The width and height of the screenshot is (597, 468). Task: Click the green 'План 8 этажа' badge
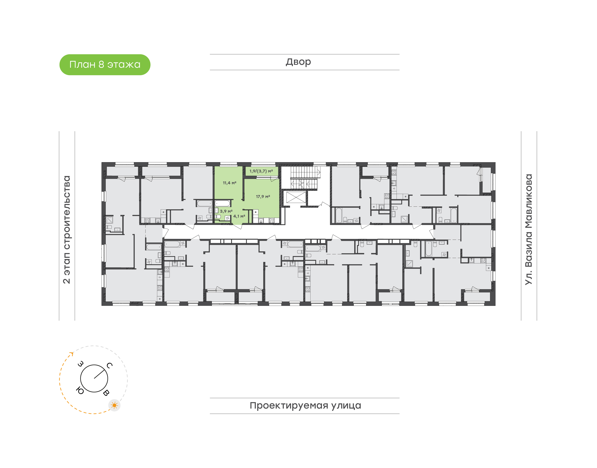105,65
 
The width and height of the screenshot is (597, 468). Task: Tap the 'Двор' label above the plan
298,62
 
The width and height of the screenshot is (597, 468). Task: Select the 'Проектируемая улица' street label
305,405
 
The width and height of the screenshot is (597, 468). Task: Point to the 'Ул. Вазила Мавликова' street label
528,229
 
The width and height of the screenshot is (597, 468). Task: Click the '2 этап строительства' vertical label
67,229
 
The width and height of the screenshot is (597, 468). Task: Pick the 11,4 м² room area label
229,183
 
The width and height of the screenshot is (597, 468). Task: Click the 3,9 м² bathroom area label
226,211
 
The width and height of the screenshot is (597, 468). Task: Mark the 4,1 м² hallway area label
239,216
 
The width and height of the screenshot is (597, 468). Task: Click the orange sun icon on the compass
114,405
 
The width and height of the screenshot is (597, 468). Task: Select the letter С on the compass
109,365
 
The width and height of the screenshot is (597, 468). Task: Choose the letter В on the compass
106,393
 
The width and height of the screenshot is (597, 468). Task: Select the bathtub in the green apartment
222,203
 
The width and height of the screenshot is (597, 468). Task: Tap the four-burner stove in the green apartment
272,220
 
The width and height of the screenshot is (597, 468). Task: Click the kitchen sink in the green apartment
261,220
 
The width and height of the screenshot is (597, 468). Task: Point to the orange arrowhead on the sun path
72,353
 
